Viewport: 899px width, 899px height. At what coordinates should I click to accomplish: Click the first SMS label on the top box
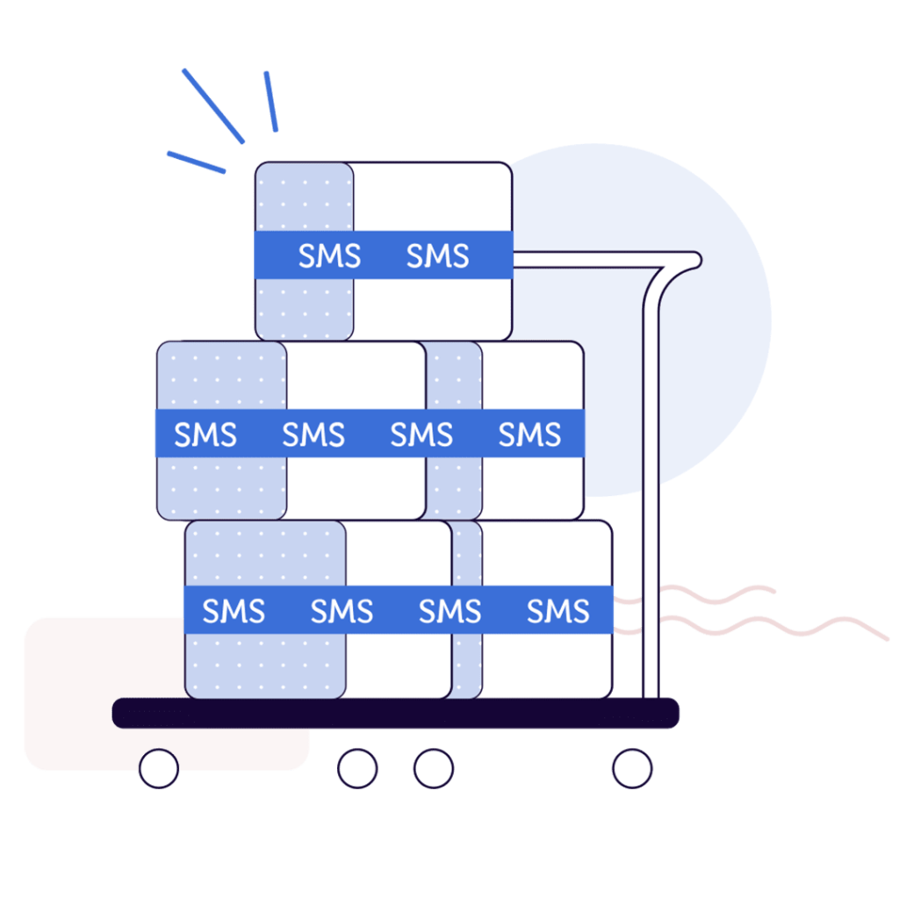(329, 256)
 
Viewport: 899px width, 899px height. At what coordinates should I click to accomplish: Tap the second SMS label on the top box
(437, 256)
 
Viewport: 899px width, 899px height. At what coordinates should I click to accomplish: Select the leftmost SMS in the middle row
(205, 435)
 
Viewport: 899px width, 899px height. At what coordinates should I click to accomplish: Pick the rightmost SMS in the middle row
(529, 435)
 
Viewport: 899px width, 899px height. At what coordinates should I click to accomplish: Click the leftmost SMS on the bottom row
(234, 611)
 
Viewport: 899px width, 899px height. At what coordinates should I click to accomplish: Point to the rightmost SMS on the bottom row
(557, 611)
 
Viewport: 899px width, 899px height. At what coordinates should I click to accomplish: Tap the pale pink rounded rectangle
(79, 694)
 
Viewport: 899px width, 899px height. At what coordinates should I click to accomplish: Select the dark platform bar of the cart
(395, 712)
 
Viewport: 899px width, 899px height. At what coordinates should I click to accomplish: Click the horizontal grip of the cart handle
(597, 260)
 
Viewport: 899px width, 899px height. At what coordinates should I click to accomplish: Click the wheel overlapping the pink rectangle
(159, 768)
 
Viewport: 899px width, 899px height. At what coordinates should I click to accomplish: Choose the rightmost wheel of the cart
(632, 768)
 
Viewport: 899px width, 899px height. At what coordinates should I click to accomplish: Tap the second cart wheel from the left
(357, 768)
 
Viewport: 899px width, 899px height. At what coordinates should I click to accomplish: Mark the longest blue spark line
(212, 105)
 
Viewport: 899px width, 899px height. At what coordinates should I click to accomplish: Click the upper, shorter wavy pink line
(702, 594)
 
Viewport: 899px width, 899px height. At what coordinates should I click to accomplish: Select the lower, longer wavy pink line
(773, 625)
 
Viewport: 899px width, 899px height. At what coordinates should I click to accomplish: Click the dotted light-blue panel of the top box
(304, 198)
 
